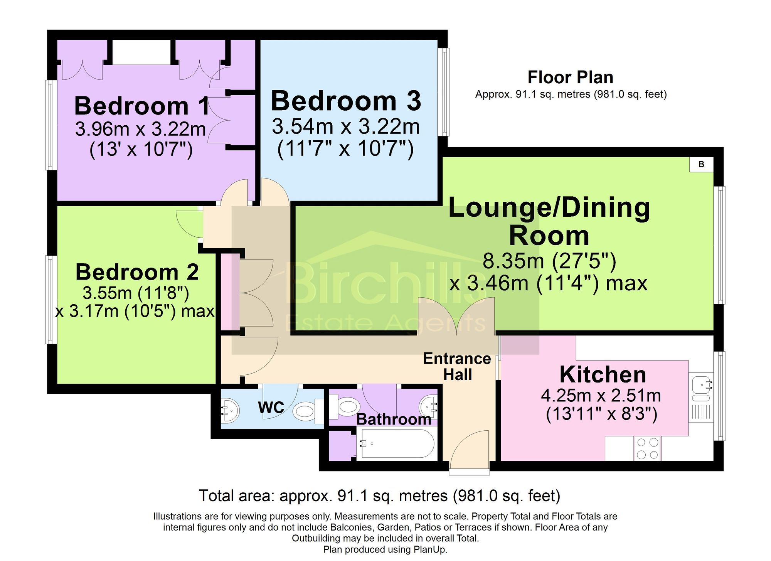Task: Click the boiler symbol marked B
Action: click(x=701, y=164)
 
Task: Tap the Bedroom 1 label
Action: click(x=142, y=106)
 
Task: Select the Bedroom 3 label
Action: click(x=346, y=101)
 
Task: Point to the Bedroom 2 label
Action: click(x=137, y=272)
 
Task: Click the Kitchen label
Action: click(x=603, y=374)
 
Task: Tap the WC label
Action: click(x=271, y=408)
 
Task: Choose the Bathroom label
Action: click(x=394, y=419)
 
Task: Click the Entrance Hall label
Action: click(x=457, y=367)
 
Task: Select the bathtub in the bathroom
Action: click(x=397, y=444)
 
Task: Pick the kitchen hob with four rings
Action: click(x=647, y=448)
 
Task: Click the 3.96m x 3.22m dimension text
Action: click(x=140, y=129)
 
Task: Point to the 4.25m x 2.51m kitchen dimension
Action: click(x=601, y=396)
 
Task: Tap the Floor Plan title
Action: click(x=570, y=77)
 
